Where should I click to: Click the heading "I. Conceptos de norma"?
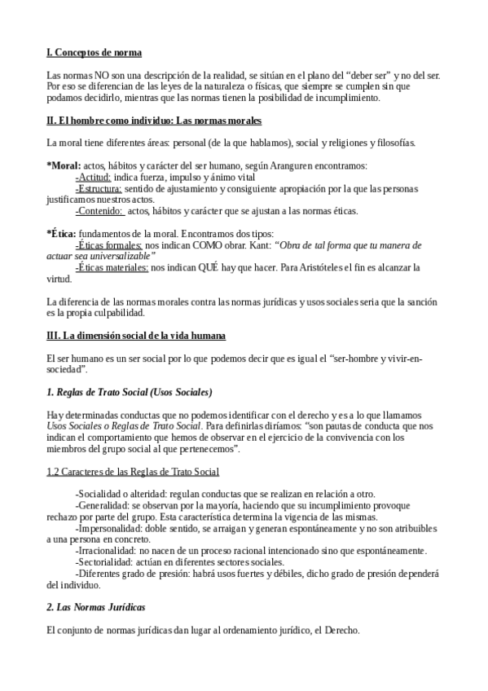tap(95, 53)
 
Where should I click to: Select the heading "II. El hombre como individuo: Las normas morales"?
tap(154, 121)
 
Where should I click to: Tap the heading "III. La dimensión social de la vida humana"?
tap(136, 335)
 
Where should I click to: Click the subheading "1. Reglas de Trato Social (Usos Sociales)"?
tap(130, 392)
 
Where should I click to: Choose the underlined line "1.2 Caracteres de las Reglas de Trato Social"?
tap(133, 472)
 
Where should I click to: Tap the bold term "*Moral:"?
tap(64, 165)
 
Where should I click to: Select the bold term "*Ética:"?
tap(63, 233)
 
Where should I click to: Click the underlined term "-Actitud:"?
tap(94, 177)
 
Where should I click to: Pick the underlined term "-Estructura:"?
tap(100, 188)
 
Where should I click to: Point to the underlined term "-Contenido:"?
tap(99, 211)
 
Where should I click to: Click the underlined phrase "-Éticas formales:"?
tap(108, 244)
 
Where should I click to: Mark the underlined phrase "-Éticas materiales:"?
tap(112, 267)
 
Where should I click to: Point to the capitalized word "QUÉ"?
tap(220, 267)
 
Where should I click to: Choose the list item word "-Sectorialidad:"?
tap(108, 562)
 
